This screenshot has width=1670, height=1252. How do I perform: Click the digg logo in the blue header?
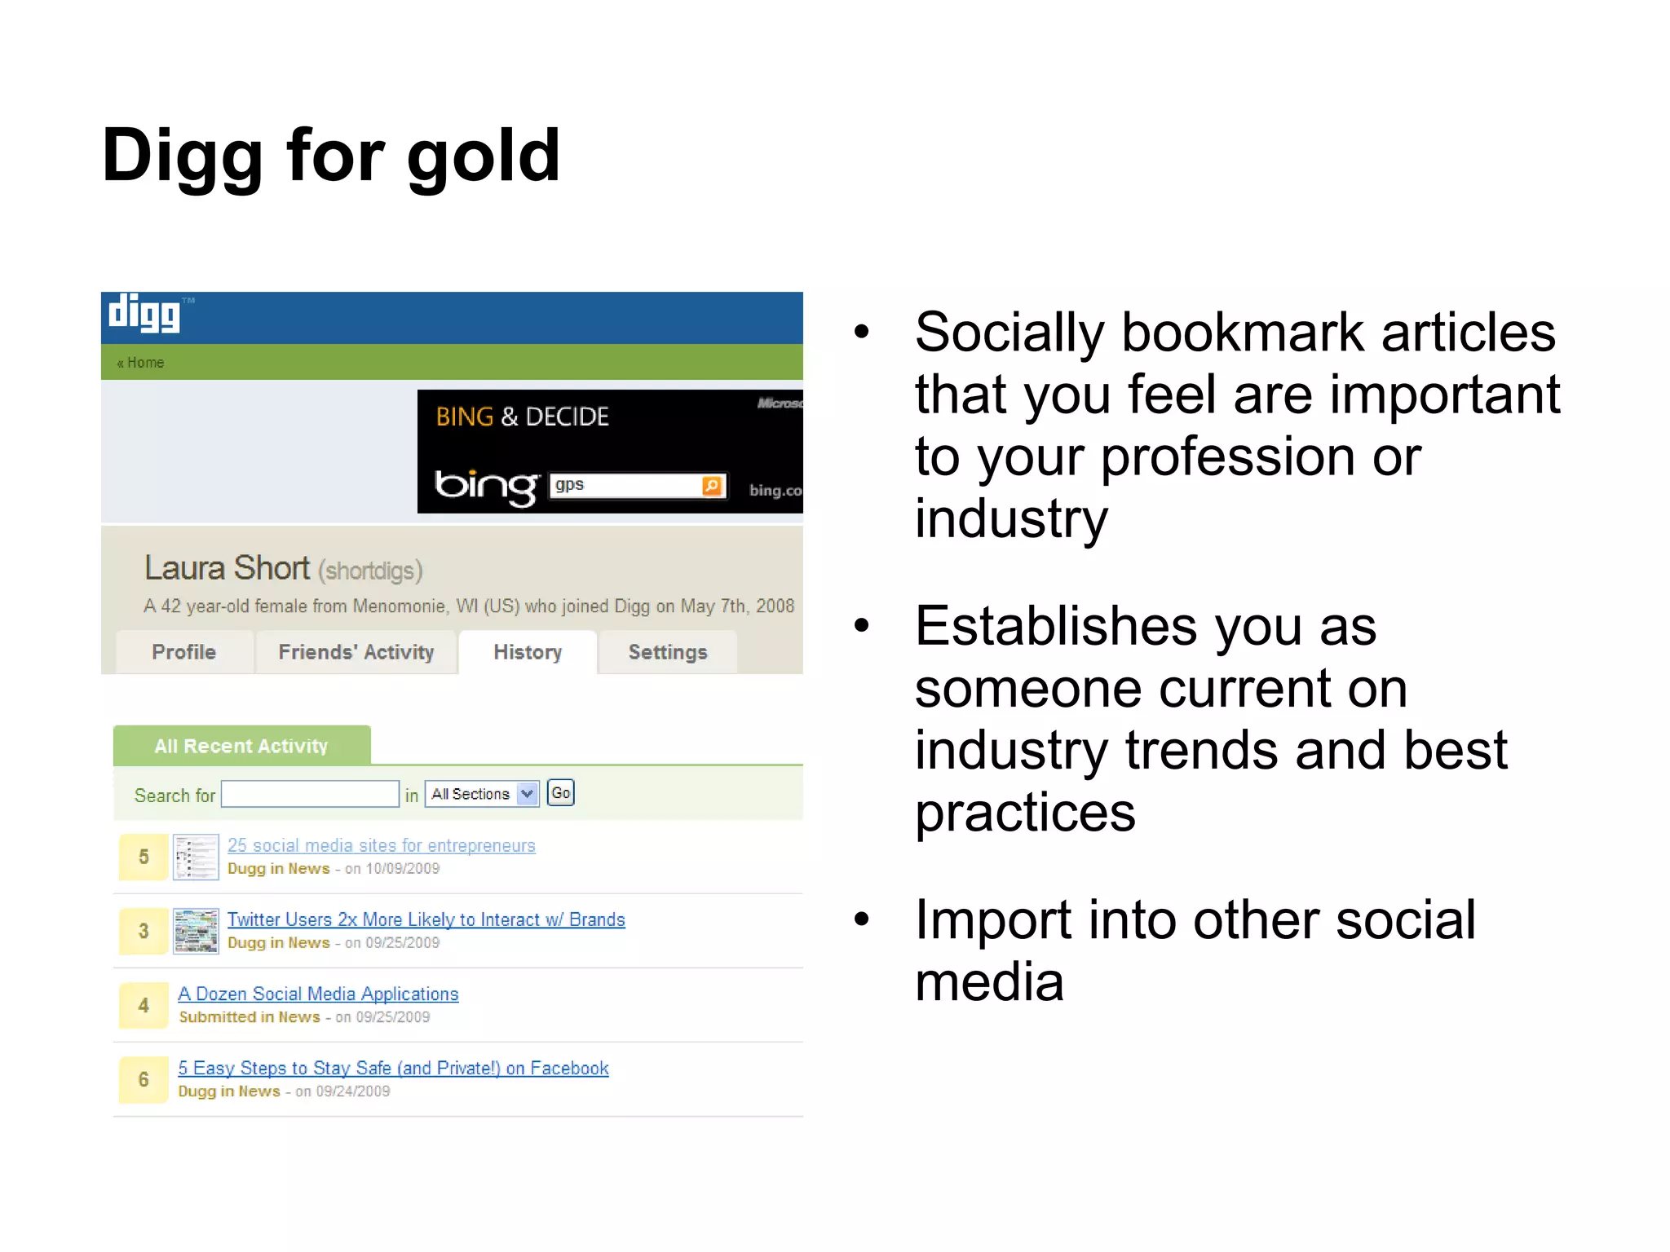[144, 314]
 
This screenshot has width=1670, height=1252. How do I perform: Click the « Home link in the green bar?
[140, 363]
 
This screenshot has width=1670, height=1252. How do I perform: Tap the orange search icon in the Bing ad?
[712, 486]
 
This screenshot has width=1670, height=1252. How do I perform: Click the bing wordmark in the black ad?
[486, 487]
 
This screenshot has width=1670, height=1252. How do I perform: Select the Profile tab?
[184, 652]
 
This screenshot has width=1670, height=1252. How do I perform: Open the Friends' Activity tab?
[356, 652]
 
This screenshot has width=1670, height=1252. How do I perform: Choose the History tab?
[528, 652]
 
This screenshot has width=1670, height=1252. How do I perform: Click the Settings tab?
[668, 652]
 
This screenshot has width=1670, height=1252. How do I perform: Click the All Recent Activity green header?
[241, 746]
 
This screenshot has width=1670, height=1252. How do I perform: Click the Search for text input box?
[310, 794]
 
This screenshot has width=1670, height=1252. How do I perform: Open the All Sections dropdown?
[482, 794]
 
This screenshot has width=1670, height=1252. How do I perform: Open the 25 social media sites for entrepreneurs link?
[381, 845]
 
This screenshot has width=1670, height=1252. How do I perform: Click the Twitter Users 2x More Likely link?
[426, 919]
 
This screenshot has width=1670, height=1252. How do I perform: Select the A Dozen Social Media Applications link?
[318, 994]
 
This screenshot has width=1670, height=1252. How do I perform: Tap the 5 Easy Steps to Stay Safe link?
[393, 1068]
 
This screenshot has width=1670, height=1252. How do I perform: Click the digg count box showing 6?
[144, 1079]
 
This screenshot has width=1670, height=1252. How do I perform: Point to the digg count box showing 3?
[144, 931]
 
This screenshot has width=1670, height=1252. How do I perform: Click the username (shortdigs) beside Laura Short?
[370, 571]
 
